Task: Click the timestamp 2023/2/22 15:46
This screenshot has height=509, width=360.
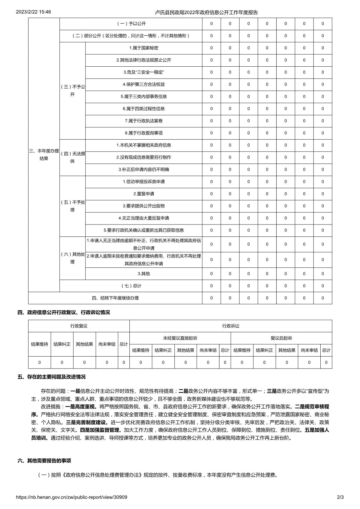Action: [x=33, y=12]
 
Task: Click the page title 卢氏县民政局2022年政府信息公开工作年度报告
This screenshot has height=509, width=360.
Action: [x=206, y=12]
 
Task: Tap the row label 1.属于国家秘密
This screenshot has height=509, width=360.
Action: [x=144, y=48]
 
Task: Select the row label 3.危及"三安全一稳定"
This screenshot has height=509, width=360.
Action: [x=144, y=72]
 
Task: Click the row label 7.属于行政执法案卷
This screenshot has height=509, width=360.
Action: [x=144, y=121]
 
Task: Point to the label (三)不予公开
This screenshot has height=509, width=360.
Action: [x=73, y=91]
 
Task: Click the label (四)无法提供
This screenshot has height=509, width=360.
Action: [x=73, y=158]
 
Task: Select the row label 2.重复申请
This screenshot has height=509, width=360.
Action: [x=144, y=194]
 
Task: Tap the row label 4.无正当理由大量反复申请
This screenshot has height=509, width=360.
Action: [x=144, y=218]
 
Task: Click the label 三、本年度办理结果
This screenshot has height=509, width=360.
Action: [x=44, y=155]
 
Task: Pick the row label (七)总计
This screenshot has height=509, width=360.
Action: [x=131, y=286]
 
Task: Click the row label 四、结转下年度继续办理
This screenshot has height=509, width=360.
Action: [x=115, y=298]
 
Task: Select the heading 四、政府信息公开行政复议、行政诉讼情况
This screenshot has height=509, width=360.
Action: [x=64, y=312]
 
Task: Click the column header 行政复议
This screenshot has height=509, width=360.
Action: [x=79, y=326]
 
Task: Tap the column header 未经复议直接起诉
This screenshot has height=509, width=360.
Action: [x=180, y=338]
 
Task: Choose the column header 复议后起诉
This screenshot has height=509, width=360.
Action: [x=281, y=338]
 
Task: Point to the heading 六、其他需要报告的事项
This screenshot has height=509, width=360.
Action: [x=44, y=460]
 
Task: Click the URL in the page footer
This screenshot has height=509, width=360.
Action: [x=71, y=497]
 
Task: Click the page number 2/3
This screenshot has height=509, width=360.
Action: [x=340, y=497]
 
